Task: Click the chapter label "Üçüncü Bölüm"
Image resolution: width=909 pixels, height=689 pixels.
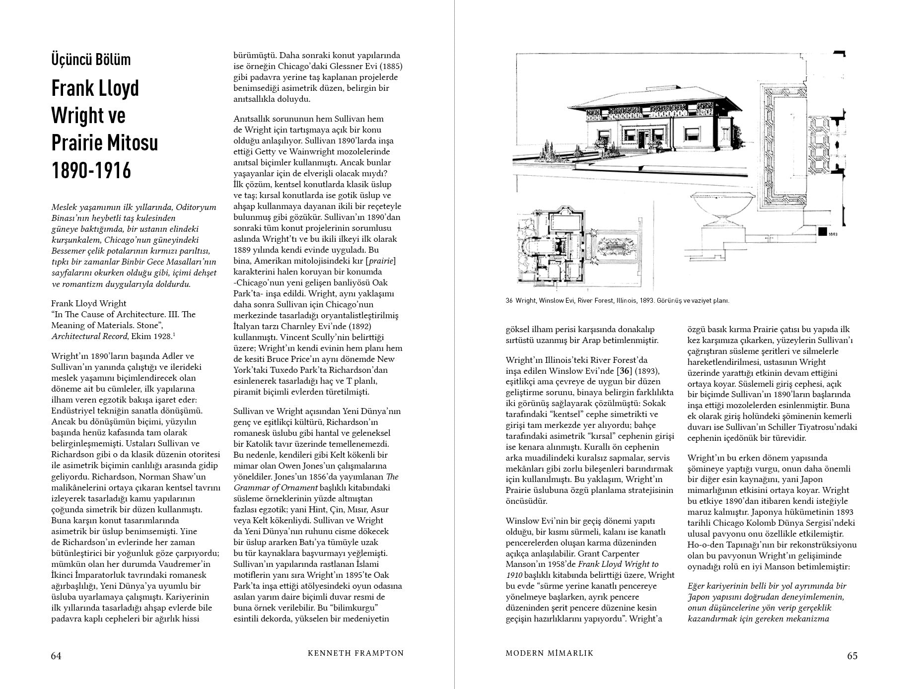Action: pyautogui.click(x=91, y=60)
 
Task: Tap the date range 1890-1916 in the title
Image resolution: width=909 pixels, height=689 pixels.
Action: pyautogui.click(x=91, y=170)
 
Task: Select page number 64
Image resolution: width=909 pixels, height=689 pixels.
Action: pyautogui.click(x=56, y=656)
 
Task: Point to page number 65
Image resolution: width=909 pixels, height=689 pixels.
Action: pyautogui.click(x=852, y=656)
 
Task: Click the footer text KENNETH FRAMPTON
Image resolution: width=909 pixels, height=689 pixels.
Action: pyautogui.click(x=356, y=653)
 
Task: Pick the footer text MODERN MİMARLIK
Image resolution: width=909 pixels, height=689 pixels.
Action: pyautogui.click(x=550, y=653)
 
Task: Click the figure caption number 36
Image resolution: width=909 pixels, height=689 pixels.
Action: pyautogui.click(x=509, y=301)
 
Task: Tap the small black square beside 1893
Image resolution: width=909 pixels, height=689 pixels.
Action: pyautogui.click(x=821, y=231)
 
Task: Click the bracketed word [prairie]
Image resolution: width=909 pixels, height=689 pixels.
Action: pyautogui.click(x=380, y=261)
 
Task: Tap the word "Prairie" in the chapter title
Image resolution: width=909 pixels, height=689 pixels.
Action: pyautogui.click(x=76, y=143)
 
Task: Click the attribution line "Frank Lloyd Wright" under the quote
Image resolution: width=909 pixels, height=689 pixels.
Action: pyautogui.click(x=88, y=303)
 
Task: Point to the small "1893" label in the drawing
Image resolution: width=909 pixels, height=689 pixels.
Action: pyautogui.click(x=834, y=233)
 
